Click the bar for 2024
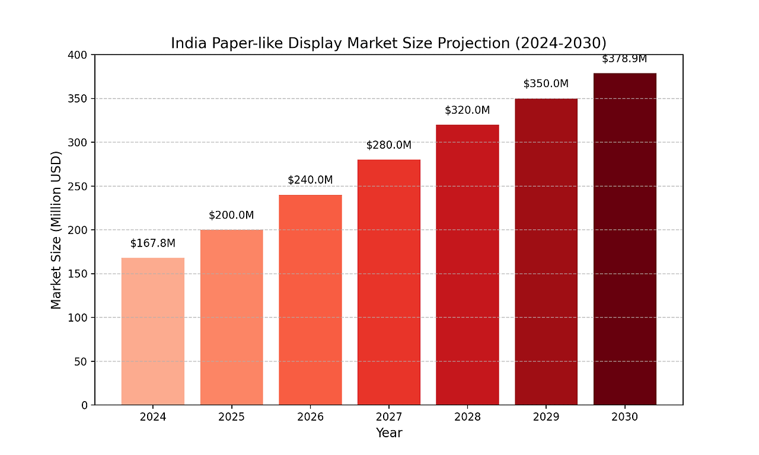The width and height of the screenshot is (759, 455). [x=153, y=331]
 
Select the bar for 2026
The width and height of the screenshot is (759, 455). [x=310, y=300]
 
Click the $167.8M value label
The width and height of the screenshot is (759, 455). [x=153, y=243]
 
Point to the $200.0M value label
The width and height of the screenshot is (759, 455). [x=231, y=215]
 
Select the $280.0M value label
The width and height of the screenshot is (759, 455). [x=388, y=145]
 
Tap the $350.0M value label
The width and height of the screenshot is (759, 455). [x=546, y=84]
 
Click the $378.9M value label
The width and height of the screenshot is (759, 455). [x=624, y=59]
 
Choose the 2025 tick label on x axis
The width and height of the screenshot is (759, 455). [x=231, y=417]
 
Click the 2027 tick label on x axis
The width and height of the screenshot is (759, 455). [x=388, y=417]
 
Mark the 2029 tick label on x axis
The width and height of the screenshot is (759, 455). [x=546, y=417]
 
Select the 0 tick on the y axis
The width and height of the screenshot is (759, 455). [x=84, y=405]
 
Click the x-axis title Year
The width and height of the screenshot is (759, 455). [x=389, y=433]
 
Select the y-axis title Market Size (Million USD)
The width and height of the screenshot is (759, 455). [x=56, y=230]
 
